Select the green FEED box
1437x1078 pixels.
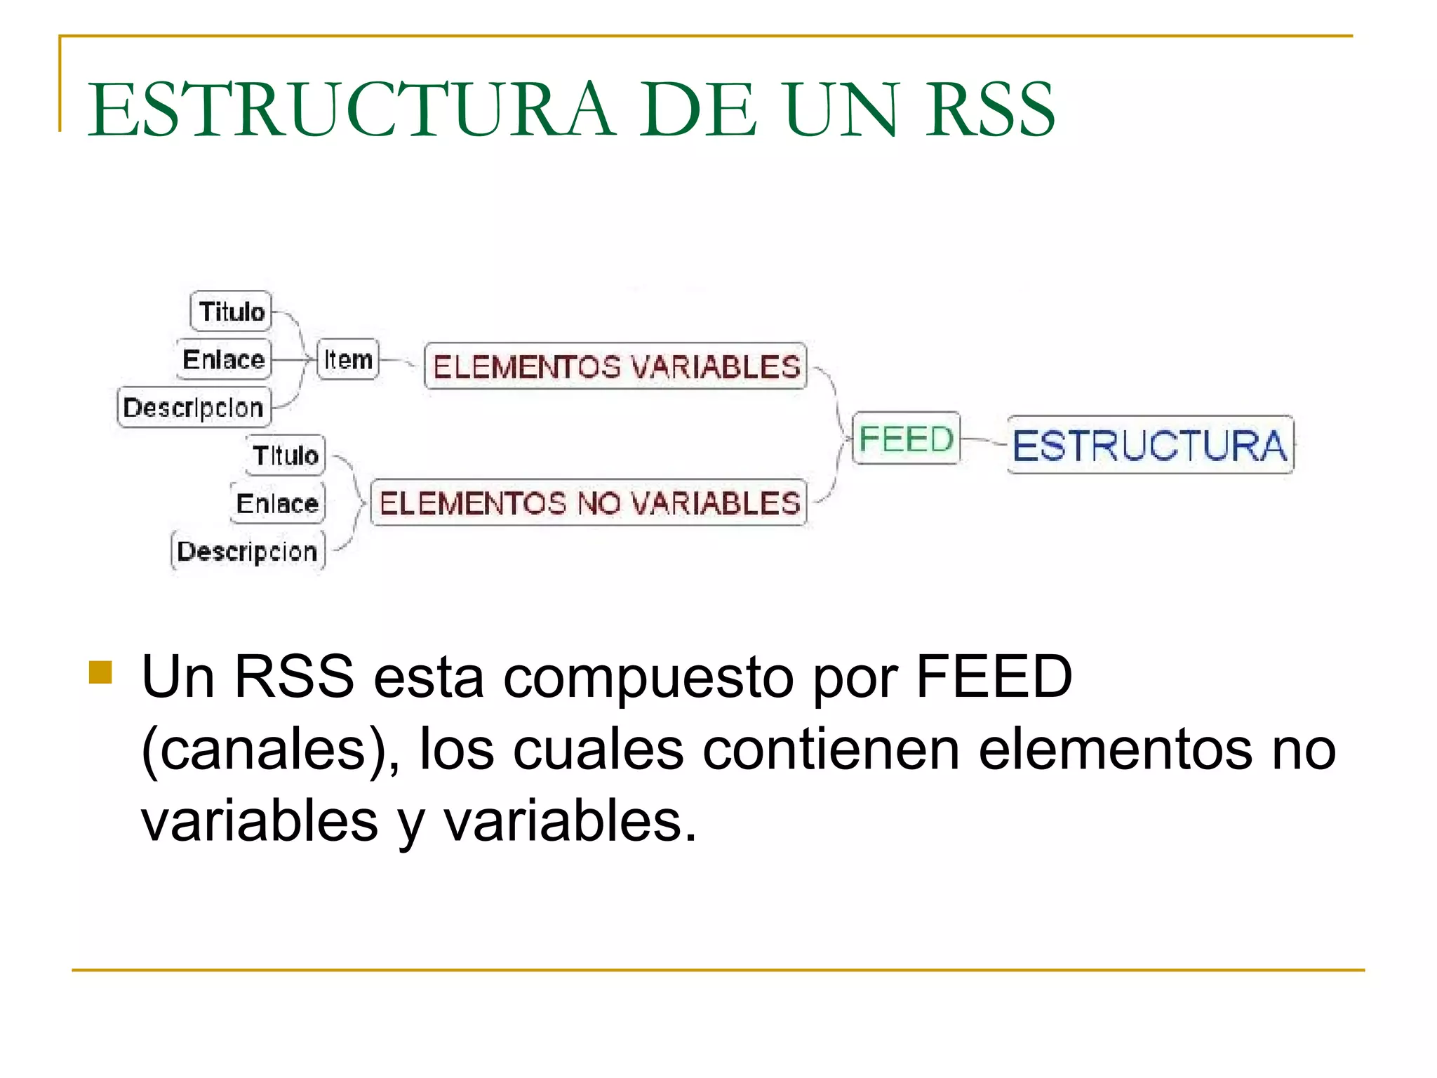(x=905, y=439)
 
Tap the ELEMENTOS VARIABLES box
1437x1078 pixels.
(x=615, y=366)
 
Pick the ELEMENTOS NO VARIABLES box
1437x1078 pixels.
(x=589, y=503)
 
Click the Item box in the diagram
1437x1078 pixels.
(x=348, y=359)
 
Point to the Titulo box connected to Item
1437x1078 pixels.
(x=231, y=311)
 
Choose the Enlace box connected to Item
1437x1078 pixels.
(x=223, y=359)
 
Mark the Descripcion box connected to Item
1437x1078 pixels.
(x=194, y=407)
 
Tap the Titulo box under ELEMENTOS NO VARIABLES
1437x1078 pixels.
(x=285, y=455)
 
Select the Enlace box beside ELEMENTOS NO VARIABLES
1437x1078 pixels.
(x=277, y=503)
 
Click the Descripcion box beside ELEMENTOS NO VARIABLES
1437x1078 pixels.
(x=248, y=552)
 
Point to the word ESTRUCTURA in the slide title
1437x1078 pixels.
(x=351, y=110)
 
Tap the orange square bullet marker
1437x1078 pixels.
(x=101, y=672)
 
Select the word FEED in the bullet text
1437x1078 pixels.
(x=994, y=677)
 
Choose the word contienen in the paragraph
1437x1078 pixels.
(x=831, y=750)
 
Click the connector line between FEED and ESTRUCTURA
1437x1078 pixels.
(x=984, y=441)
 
